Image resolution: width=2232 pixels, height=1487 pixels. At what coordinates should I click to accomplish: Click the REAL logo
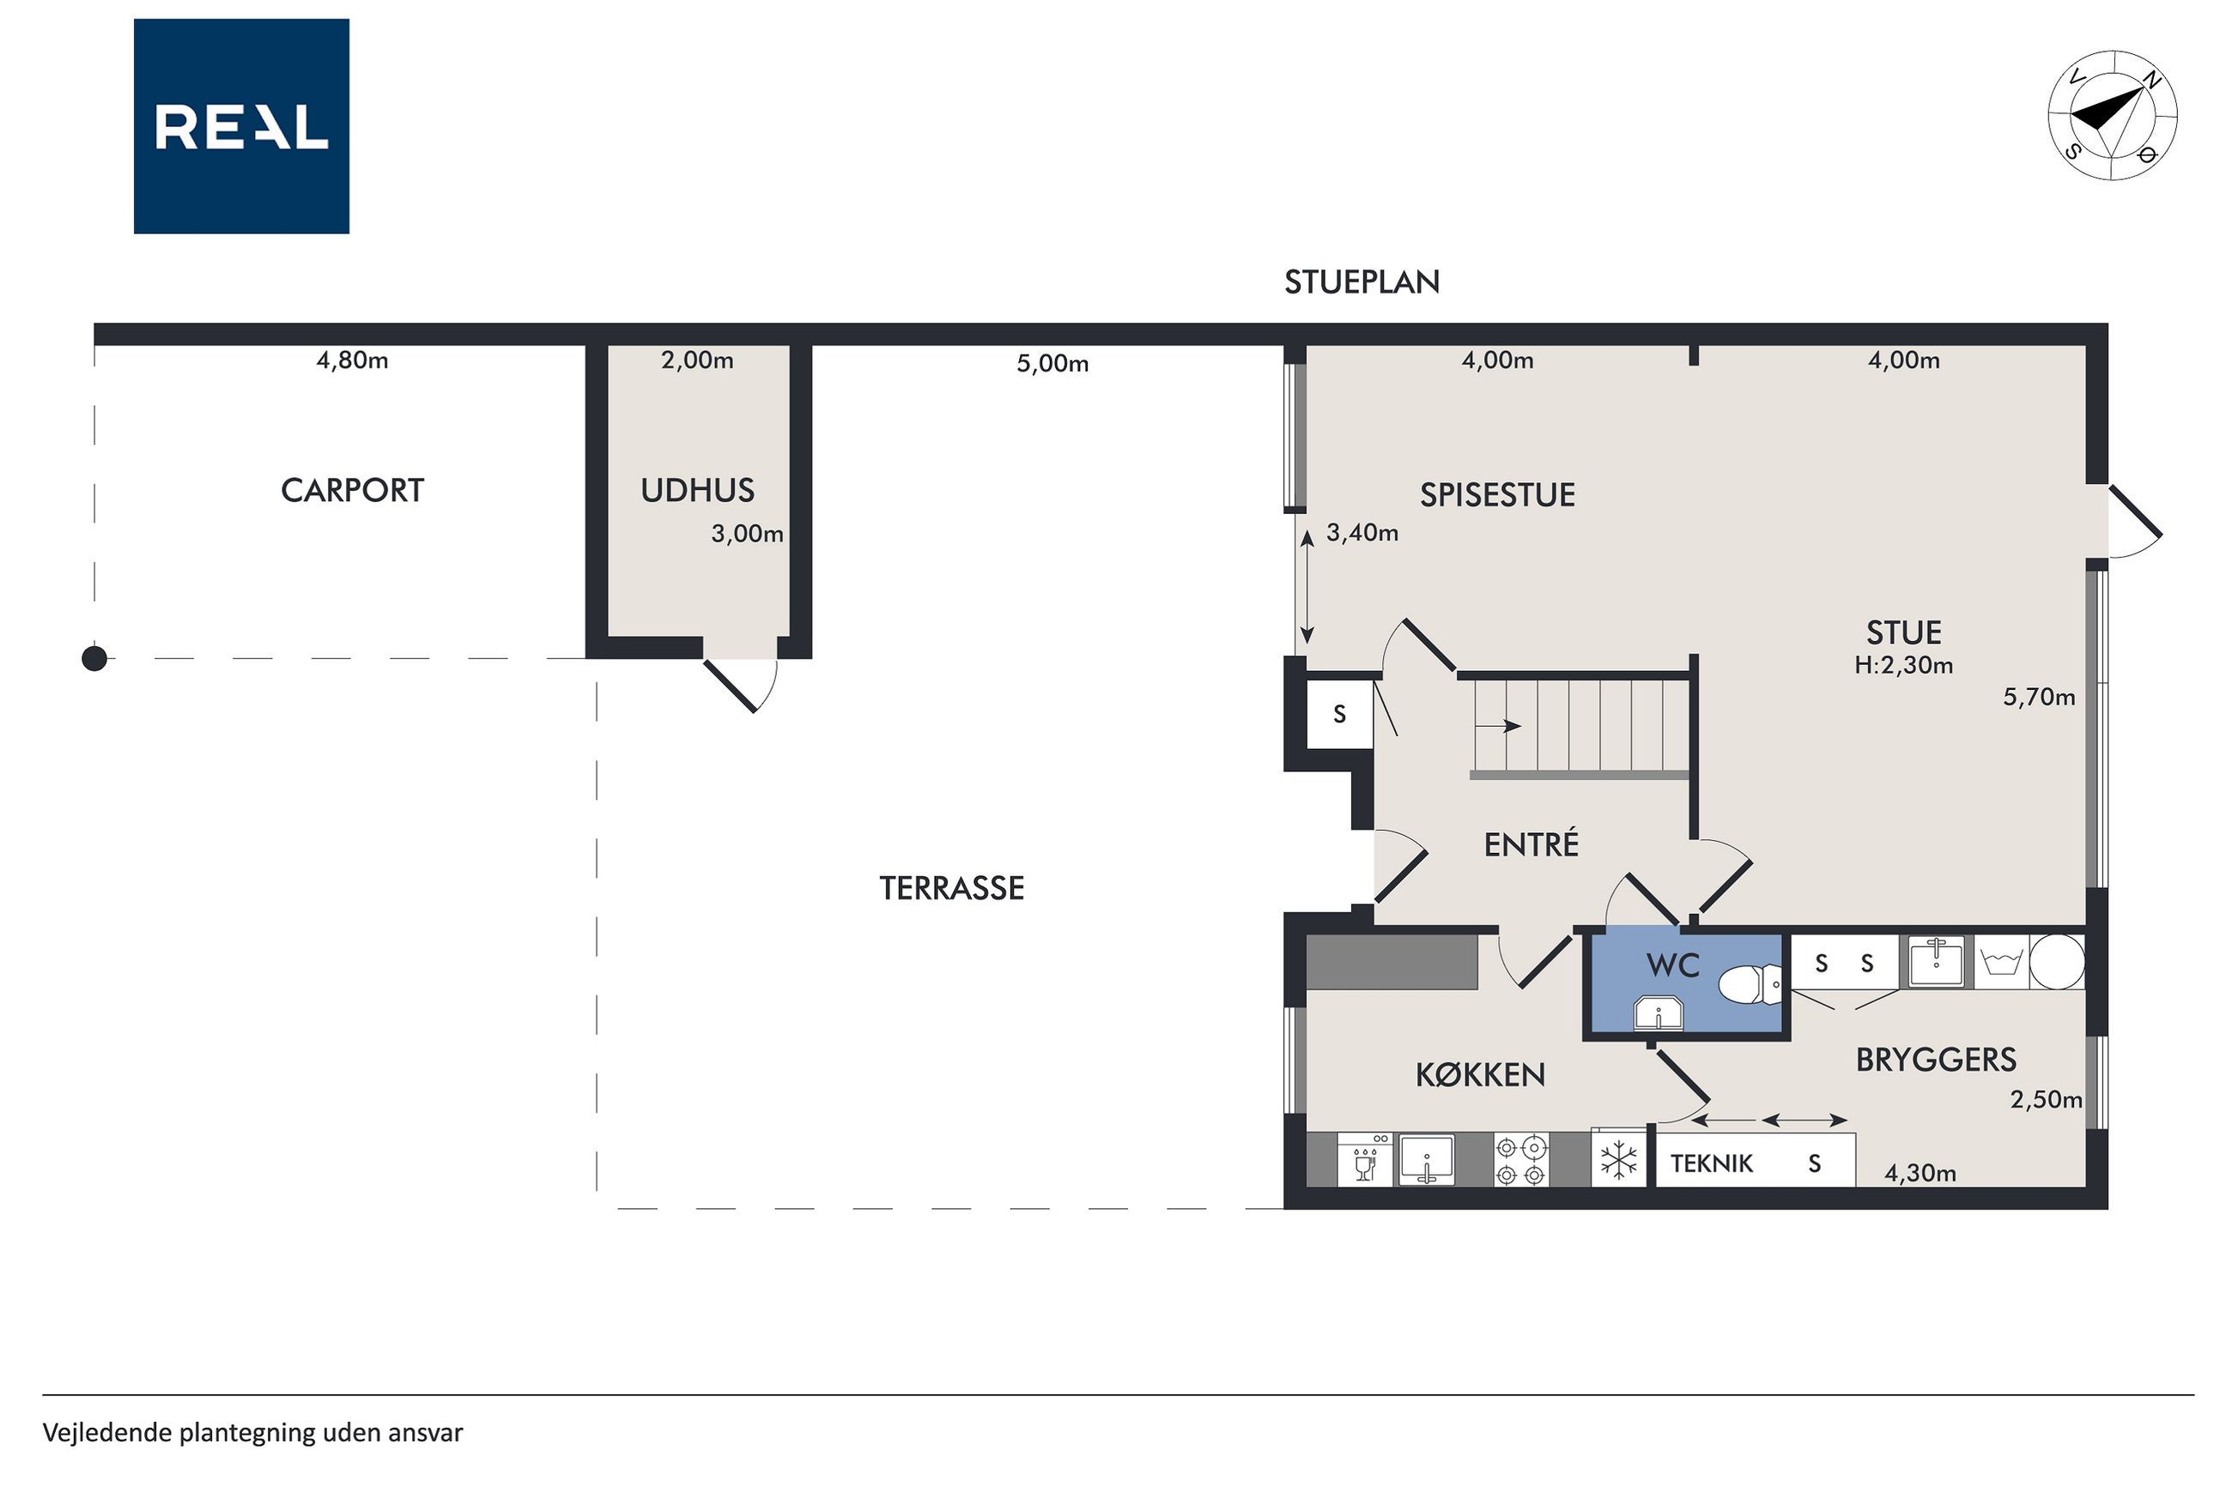click(241, 126)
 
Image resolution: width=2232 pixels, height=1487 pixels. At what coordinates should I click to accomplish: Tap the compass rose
click(2112, 116)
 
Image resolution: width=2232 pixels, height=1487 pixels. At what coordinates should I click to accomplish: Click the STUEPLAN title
click(1362, 281)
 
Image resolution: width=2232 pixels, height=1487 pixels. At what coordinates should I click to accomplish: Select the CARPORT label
click(352, 490)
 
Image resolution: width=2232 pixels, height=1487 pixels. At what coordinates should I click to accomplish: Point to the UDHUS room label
click(697, 490)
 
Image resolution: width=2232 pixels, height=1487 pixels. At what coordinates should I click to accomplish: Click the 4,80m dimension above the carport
click(352, 360)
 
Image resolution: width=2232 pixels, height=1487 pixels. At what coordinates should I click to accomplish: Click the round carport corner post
click(94, 658)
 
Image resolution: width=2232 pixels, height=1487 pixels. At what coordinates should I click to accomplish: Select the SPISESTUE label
click(1497, 494)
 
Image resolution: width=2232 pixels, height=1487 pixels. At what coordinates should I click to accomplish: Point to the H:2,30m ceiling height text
click(1903, 665)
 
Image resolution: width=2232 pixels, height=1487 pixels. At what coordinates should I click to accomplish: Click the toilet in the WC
click(1751, 984)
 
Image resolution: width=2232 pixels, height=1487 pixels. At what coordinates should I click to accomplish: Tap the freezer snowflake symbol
click(1618, 1160)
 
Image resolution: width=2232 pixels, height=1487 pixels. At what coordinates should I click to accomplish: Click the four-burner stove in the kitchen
click(1521, 1160)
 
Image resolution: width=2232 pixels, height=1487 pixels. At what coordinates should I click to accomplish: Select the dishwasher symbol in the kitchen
click(1365, 1160)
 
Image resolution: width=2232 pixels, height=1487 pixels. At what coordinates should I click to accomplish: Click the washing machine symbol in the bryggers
click(2000, 964)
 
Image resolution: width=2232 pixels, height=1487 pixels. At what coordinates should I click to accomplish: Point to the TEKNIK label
click(1711, 1164)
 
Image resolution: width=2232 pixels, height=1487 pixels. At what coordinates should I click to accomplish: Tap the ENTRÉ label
click(1531, 843)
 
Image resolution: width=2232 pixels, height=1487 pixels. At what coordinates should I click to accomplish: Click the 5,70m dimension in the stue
click(2039, 697)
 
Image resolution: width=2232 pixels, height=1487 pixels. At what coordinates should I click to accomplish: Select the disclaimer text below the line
click(252, 1432)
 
